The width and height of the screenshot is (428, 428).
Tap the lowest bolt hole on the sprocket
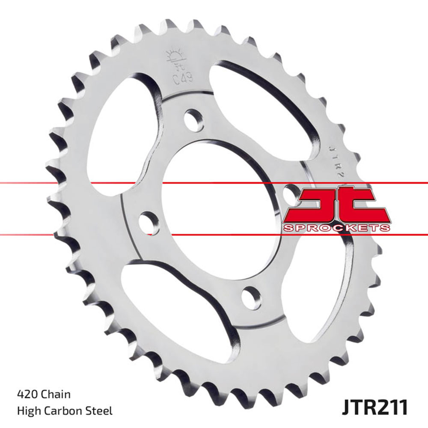pyautogui.click(x=250, y=295)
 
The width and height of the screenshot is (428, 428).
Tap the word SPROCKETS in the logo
pyautogui.click(x=336, y=227)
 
